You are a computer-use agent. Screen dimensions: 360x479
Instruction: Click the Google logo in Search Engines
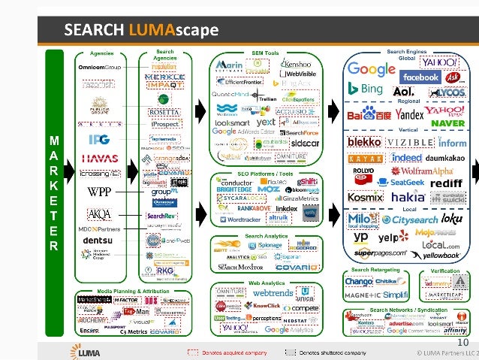372,70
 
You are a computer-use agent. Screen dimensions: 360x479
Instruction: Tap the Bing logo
365,89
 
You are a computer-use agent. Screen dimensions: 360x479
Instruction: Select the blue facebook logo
420,77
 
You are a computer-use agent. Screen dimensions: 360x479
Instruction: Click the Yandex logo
409,115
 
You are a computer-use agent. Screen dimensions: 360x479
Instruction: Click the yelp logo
388,237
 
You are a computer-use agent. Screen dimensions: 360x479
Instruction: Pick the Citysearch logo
420,220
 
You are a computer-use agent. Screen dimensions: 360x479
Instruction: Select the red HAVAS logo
100,159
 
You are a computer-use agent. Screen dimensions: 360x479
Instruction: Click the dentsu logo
98,240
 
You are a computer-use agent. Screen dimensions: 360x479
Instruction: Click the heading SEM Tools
265,53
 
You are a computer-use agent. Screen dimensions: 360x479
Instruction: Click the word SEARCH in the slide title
94,30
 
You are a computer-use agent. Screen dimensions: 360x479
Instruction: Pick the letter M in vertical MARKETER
53,140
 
